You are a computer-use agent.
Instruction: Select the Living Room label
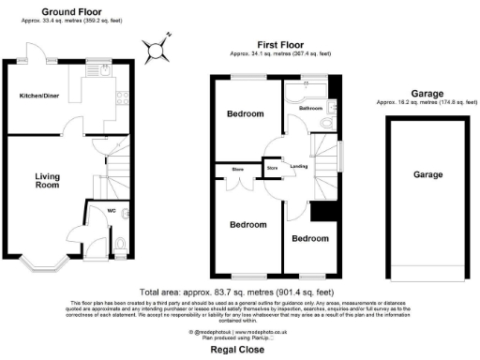(48, 181)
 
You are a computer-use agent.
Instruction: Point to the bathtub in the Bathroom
(306, 90)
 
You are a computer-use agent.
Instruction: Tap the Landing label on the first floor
(298, 166)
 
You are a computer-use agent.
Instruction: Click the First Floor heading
(278, 44)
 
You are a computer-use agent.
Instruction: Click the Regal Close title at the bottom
(240, 350)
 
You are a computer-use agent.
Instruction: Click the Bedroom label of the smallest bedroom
(310, 239)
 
